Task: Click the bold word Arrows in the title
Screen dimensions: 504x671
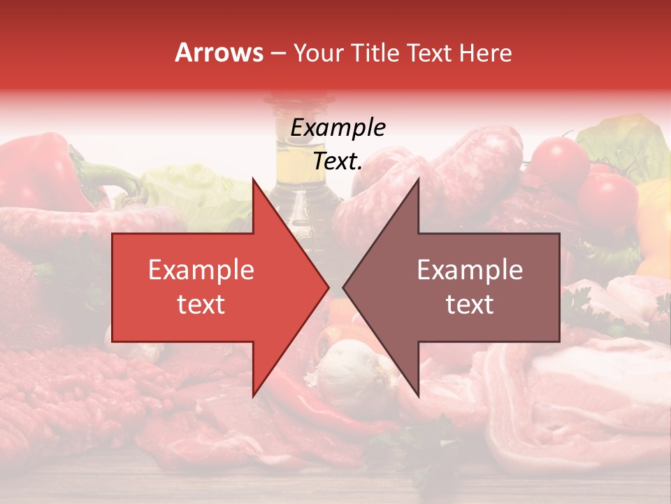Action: point(219,52)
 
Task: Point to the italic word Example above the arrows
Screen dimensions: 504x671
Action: point(338,128)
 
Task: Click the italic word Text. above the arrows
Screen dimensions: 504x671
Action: point(338,162)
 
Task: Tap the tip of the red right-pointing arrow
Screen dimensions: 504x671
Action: point(328,287)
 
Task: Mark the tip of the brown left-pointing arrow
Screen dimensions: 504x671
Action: point(344,287)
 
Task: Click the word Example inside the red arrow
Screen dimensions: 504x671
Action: point(201,270)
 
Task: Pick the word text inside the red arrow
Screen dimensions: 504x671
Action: point(201,304)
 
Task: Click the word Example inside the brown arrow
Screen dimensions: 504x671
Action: point(470,270)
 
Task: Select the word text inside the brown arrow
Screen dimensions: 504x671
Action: point(470,304)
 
